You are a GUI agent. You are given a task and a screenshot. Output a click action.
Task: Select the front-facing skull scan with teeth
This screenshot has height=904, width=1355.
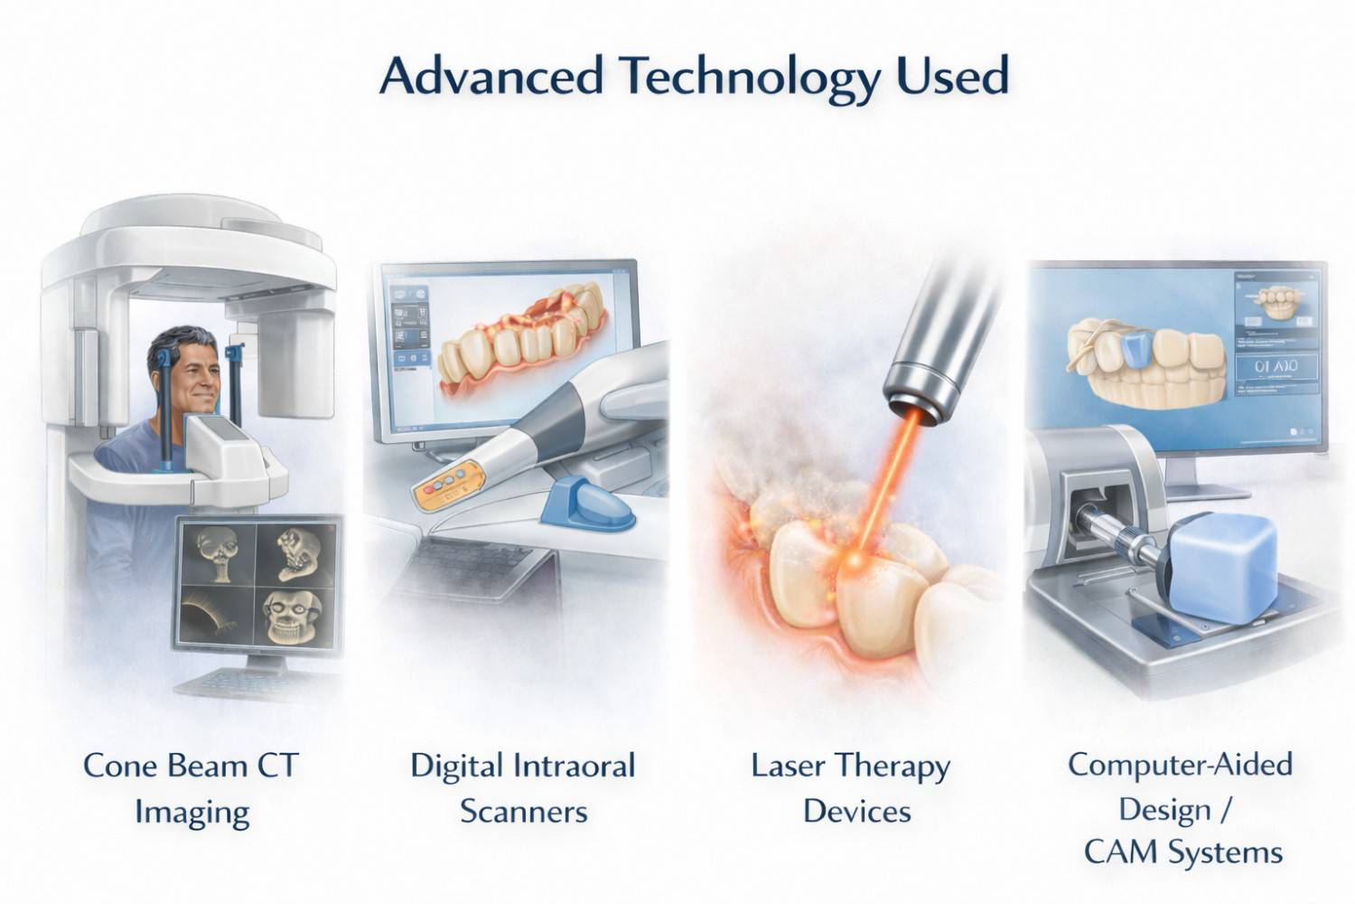pos(292,617)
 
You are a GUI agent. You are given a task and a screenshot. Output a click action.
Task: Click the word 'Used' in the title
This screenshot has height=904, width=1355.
pos(952,76)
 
